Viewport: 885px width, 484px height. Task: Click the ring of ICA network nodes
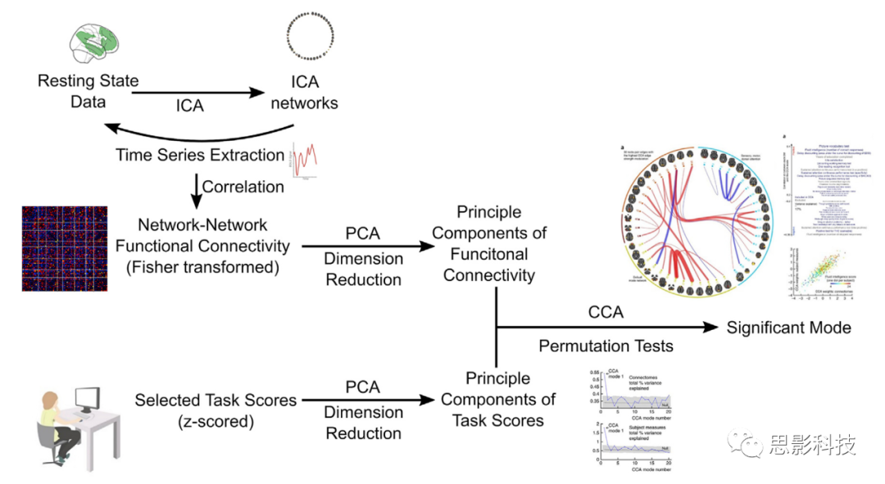point(311,40)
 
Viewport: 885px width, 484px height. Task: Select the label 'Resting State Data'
point(88,92)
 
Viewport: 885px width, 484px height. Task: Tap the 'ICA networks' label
point(305,93)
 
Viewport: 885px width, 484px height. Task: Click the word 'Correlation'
point(243,186)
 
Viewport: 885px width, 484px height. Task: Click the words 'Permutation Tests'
point(606,346)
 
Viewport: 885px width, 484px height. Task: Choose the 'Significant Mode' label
point(788,328)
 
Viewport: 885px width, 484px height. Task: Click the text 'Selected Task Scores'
point(216,400)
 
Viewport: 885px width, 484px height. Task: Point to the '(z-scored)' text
point(216,422)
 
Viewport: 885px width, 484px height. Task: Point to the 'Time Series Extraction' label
point(200,154)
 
